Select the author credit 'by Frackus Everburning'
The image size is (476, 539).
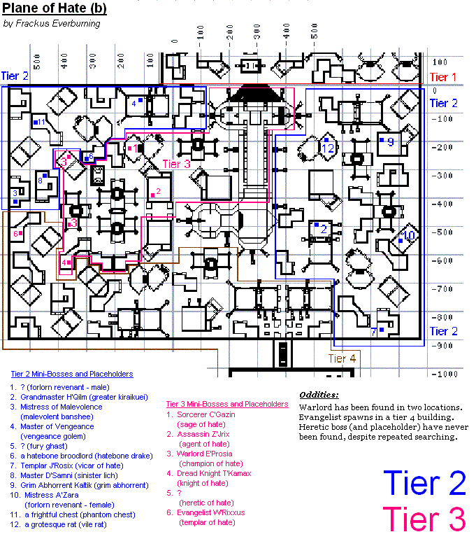point(52,23)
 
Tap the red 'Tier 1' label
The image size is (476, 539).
point(442,77)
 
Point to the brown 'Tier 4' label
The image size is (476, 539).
point(342,359)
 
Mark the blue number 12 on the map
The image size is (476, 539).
point(329,148)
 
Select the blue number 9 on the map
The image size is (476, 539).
point(390,142)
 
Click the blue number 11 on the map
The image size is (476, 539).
point(41,122)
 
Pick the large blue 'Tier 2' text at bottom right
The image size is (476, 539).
point(424,484)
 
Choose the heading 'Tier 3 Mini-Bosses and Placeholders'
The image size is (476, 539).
point(227,404)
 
